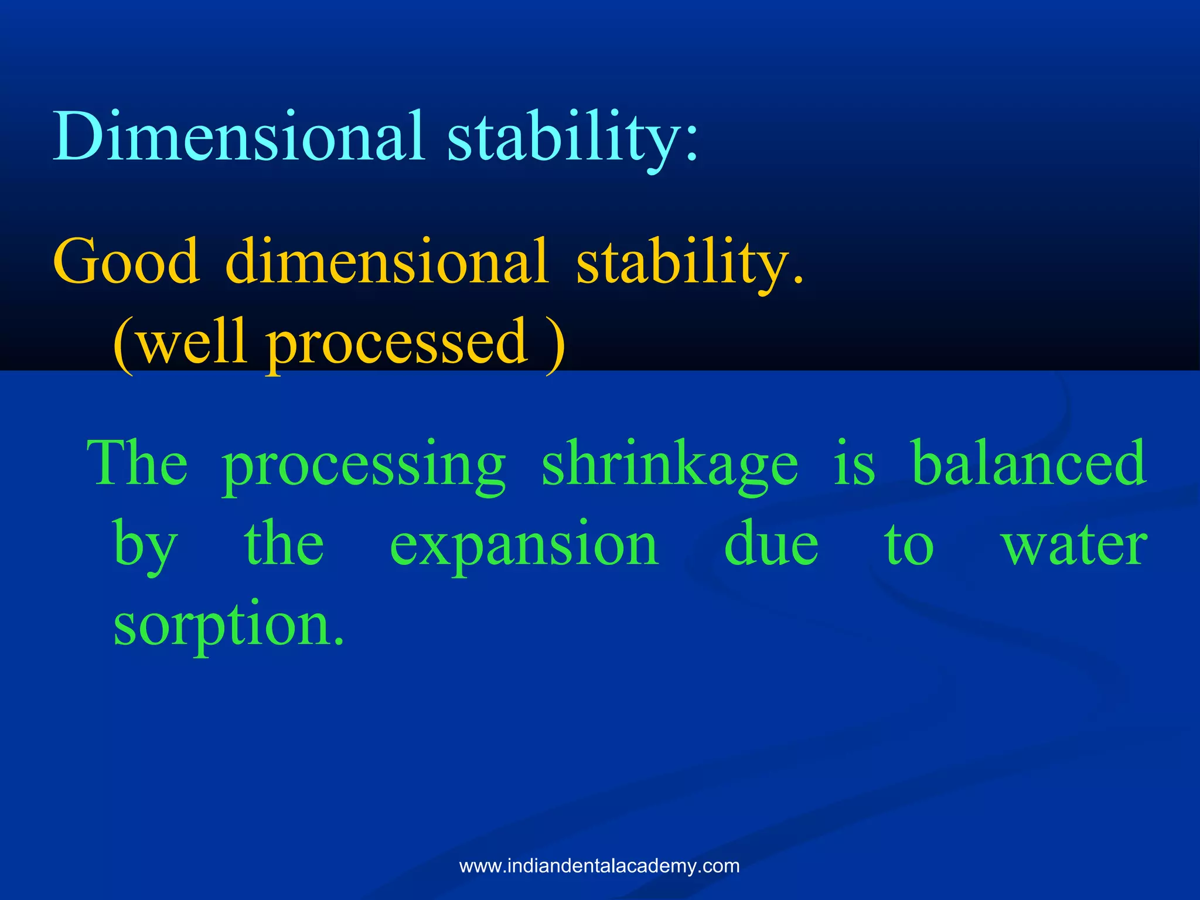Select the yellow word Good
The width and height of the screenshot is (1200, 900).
[126, 261]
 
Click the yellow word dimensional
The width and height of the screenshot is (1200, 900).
[387, 261]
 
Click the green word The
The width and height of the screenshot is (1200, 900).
[138, 464]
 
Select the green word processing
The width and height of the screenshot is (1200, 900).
[363, 467]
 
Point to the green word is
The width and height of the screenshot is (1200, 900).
[854, 464]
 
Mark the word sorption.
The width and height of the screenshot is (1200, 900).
[229, 627]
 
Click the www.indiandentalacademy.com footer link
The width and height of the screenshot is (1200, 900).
[599, 866]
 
